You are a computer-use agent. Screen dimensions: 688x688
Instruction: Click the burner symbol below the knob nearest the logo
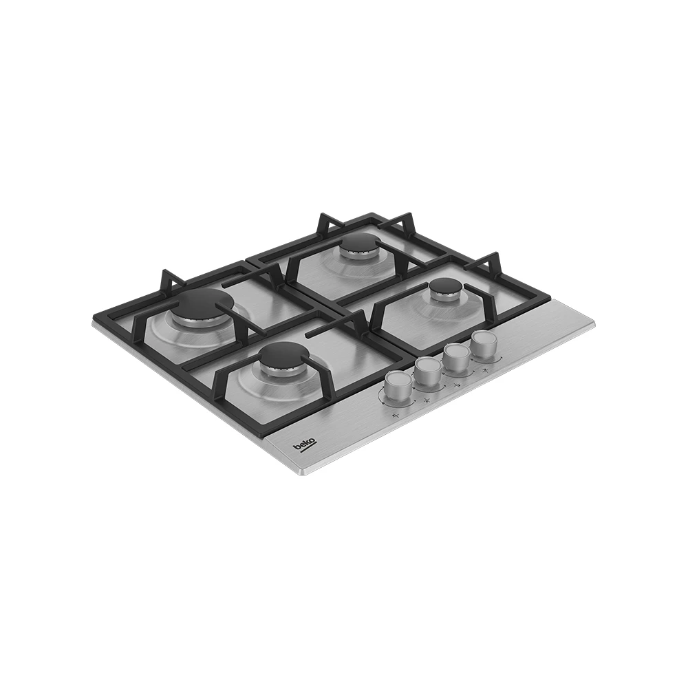[x=396, y=415]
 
